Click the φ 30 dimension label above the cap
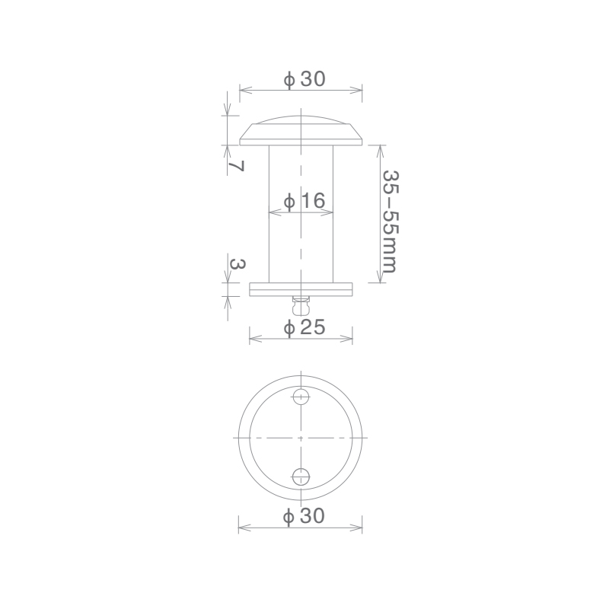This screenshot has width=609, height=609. click(304, 79)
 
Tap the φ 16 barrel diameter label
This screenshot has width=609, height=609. click(304, 201)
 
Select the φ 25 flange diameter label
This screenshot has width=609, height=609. click(304, 327)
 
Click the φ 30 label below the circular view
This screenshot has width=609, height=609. click(304, 517)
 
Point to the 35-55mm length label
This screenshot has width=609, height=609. click(390, 222)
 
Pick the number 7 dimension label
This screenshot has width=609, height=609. click(236, 166)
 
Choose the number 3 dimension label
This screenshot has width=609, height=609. click(238, 264)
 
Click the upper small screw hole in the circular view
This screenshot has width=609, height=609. click(301, 397)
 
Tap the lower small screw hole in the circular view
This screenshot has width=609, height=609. click(301, 477)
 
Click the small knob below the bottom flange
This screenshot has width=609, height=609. click(301, 306)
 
